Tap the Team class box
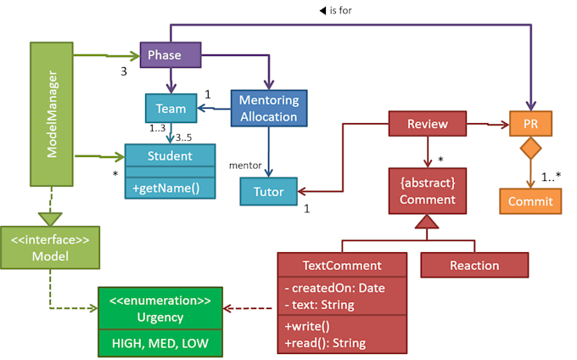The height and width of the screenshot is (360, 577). click(x=171, y=108)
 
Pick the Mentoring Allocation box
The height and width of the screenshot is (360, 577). click(x=268, y=108)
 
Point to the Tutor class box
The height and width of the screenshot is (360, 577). click(x=268, y=192)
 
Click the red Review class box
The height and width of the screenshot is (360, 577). click(x=427, y=124)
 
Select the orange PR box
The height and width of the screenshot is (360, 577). click(x=530, y=124)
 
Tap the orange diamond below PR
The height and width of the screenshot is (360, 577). click(x=530, y=151)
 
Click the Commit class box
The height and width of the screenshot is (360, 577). click(x=530, y=201)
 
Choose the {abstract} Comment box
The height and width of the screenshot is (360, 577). click(x=427, y=191)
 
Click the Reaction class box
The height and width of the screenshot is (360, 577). click(x=474, y=265)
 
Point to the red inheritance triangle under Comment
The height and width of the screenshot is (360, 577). click(x=427, y=223)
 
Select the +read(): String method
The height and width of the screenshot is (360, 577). click(x=325, y=342)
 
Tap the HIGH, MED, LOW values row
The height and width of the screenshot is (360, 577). click(x=160, y=342)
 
